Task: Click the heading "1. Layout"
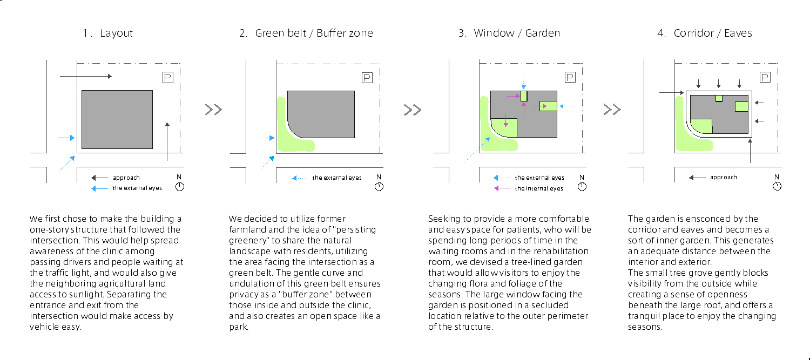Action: click(x=107, y=33)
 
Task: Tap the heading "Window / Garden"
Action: click(x=517, y=33)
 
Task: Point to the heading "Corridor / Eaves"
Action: click(x=713, y=33)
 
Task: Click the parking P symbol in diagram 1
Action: click(x=168, y=77)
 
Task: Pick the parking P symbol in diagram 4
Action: click(x=765, y=77)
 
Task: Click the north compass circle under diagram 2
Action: click(x=379, y=187)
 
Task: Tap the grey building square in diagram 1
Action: click(x=117, y=119)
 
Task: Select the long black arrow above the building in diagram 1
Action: click(x=86, y=76)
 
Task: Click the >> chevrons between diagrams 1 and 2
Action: click(x=213, y=110)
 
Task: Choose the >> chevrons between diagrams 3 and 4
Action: click(x=612, y=110)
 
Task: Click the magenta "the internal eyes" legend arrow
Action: click(x=502, y=188)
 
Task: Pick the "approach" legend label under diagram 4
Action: click(x=723, y=177)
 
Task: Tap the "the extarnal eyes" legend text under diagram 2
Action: click(x=337, y=178)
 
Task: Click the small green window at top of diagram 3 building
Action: click(x=524, y=96)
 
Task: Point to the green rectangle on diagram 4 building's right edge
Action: click(x=741, y=107)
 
